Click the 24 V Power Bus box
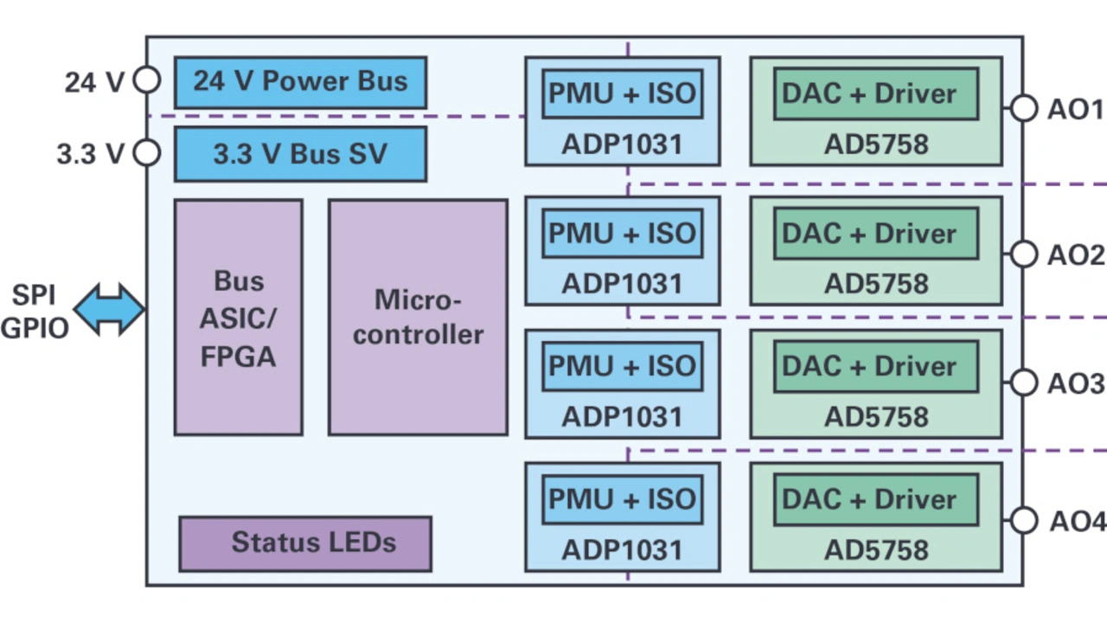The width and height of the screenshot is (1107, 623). [300, 82]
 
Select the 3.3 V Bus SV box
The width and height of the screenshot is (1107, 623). [300, 154]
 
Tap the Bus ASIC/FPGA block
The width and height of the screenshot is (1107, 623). [238, 318]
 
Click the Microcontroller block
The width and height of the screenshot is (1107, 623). [418, 318]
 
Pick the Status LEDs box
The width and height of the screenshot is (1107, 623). [304, 543]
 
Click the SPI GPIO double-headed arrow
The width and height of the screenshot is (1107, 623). [109, 309]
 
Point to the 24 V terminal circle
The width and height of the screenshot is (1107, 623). [147, 80]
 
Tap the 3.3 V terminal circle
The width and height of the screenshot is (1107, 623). [147, 153]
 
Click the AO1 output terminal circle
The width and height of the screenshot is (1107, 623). [1024, 109]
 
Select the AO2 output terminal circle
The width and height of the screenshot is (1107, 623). [1024, 254]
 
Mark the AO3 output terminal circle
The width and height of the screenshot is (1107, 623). [1024, 382]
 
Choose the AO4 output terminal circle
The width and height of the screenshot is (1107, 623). [1024, 520]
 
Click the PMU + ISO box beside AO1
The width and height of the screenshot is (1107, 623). [622, 93]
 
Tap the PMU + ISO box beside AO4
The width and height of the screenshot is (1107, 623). [622, 499]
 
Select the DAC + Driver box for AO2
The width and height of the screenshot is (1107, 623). [875, 234]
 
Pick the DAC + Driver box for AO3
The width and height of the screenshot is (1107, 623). [875, 366]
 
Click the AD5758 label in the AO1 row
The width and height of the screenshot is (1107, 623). [876, 145]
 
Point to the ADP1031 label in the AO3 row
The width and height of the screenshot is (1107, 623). [622, 416]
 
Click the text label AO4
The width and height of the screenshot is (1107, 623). [1078, 522]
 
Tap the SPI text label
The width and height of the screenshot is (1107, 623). [34, 296]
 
